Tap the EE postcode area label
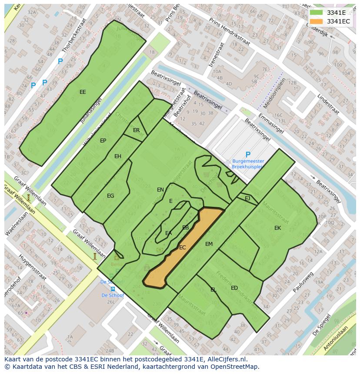coord(83,92)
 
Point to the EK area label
coord(277,228)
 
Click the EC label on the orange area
coord(183,248)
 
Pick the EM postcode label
coord(209,244)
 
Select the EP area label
coord(103,141)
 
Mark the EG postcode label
coord(110,196)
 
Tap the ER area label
coord(136,130)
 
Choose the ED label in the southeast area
coord(234,288)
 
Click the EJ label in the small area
coord(247,199)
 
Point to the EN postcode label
coord(160,190)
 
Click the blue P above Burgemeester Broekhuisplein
coord(248,155)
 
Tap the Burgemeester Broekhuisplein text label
coord(248,164)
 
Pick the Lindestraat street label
coord(328,104)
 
